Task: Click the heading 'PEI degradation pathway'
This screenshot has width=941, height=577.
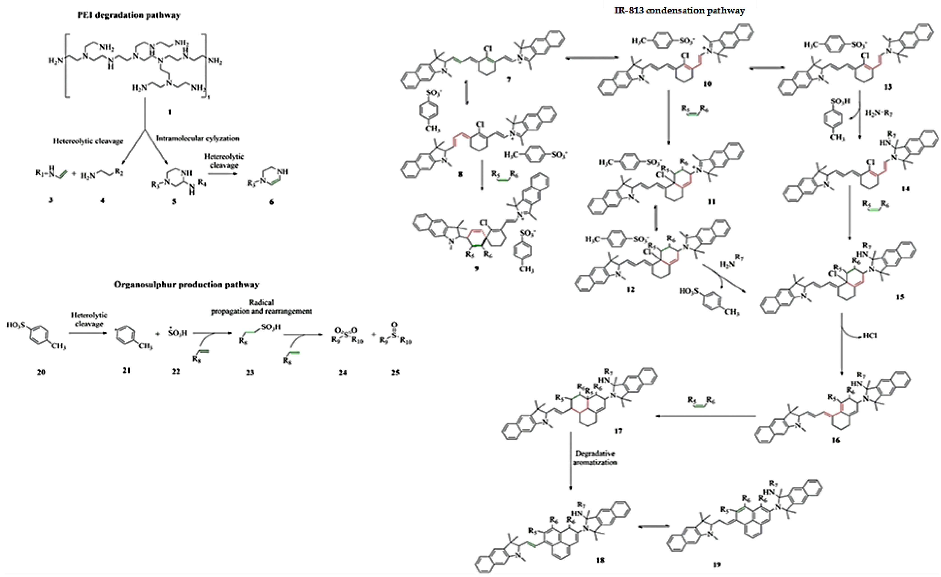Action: coord(129,16)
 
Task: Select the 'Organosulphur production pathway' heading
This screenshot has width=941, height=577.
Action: coord(187,284)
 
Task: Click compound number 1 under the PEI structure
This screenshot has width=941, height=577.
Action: coord(170,112)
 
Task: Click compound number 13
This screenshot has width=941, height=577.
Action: coord(888,87)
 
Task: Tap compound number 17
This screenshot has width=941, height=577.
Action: coord(618,431)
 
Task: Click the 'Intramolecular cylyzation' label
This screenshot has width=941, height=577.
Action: coord(198,138)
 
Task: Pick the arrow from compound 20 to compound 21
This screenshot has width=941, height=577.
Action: coord(89,333)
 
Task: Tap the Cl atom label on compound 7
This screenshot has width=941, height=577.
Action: coord(488,49)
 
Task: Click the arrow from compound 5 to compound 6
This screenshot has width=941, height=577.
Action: coord(225,174)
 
